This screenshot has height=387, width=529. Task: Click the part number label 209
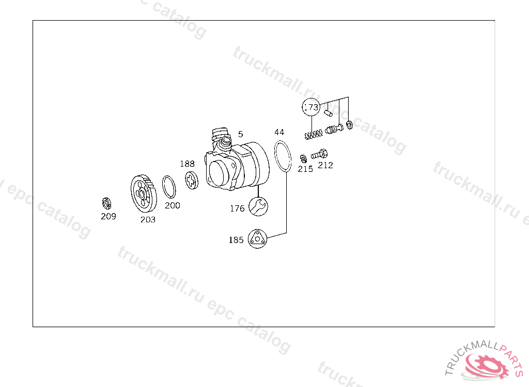[x=108, y=216]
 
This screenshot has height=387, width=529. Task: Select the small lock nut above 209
[x=106, y=203]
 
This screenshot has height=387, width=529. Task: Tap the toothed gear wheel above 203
[x=144, y=193]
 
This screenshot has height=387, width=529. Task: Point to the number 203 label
[x=148, y=220]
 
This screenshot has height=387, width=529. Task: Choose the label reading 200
[x=173, y=206]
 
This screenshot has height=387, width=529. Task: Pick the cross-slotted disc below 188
[x=192, y=181]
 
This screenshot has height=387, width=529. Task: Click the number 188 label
[x=187, y=164]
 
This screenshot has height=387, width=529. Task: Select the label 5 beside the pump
[x=241, y=134]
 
